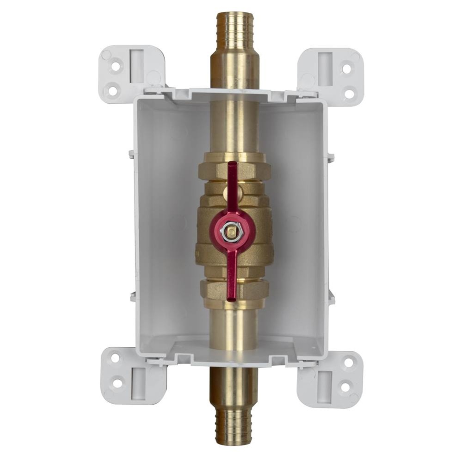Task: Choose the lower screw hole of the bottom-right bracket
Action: pos(345,386)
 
